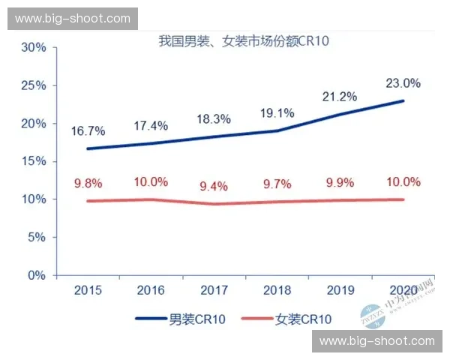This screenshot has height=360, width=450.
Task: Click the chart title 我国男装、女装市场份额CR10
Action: pyautogui.click(x=234, y=42)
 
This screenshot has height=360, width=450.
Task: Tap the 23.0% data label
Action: pyautogui.click(x=403, y=83)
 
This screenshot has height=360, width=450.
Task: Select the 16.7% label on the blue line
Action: pyautogui.click(x=90, y=131)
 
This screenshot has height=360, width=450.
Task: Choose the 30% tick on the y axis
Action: pyautogui.click(x=34, y=47)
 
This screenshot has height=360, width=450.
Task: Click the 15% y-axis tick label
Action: pyautogui.click(x=34, y=161)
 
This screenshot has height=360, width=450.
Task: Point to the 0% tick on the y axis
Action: pyautogui.click(x=37, y=275)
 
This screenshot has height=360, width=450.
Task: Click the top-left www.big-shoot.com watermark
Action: pyautogui.click(x=72, y=19)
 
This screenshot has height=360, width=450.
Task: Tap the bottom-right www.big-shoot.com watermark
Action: pyautogui.click(x=377, y=341)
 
